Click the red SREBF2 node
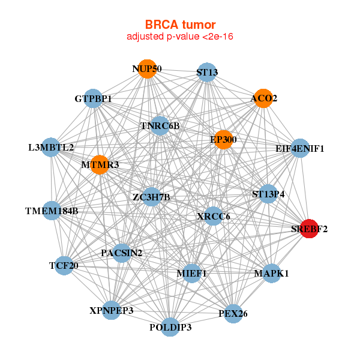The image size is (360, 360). pos(309,229)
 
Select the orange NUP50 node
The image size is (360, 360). pos(148,69)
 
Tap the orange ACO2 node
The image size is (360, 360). pos(263,98)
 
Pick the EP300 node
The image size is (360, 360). pos(223,140)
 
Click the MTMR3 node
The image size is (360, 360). pos(100,165)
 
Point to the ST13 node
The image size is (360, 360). pos(207,72)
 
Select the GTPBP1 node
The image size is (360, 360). pos(93,98)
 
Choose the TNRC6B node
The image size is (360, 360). pos(160,126)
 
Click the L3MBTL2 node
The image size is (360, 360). pos(51,148)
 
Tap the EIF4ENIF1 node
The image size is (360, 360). pos(300,148)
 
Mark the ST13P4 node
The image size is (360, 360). pos(268,194)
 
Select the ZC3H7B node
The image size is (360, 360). pos(151,197)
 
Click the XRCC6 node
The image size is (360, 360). pos(213,216)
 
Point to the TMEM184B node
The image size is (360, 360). pos(52,211)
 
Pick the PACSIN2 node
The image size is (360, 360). pos(122,253)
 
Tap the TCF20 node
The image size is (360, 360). pos(64,266)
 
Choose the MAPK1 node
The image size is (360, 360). pos(272,274)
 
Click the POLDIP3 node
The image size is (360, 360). pos(170,327)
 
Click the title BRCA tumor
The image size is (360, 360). pos(180,25)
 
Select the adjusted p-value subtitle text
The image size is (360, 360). pos(180,37)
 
